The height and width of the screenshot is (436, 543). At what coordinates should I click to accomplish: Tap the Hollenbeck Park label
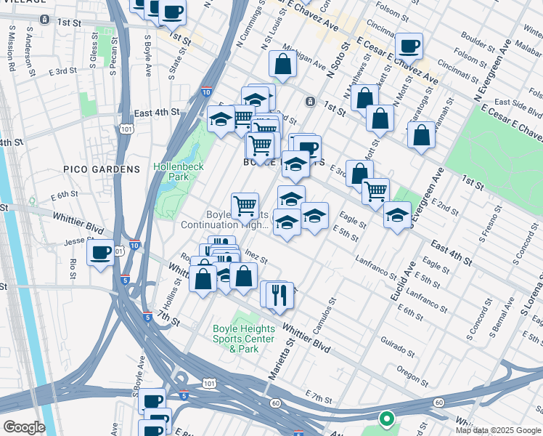pyautogui.click(x=179, y=171)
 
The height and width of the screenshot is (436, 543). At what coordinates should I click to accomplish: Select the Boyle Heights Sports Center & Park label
pyautogui.click(x=244, y=339)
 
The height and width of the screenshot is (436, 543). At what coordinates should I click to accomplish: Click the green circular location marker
pyautogui.click(x=387, y=419)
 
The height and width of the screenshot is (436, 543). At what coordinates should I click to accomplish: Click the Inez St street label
pyautogui.click(x=257, y=257)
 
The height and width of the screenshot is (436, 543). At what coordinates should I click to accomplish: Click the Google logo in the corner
pyautogui.click(x=24, y=427)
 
